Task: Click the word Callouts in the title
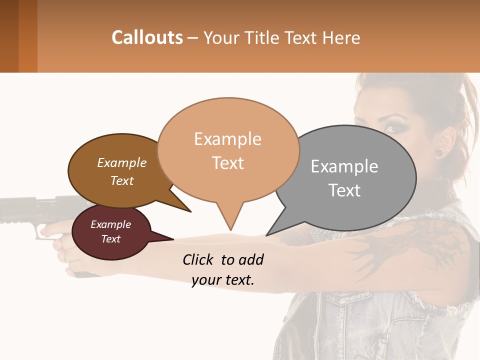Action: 147,38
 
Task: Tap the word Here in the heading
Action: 341,38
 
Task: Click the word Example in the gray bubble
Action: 344,166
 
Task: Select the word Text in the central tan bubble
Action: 228,163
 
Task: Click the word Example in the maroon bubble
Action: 110,224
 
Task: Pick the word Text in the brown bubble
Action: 122,181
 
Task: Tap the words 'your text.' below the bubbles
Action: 223,280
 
